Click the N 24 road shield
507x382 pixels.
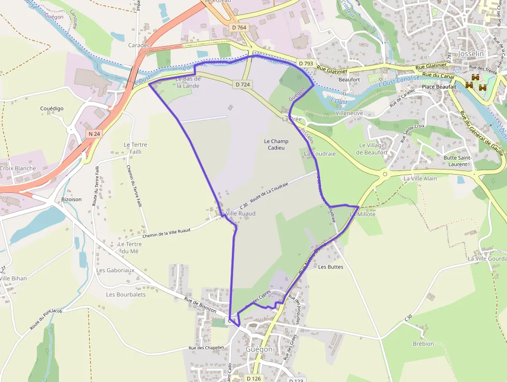click(x=93, y=134)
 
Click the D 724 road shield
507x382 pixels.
click(x=242, y=84)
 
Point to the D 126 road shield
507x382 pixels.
click(x=253, y=378)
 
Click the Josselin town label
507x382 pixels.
click(x=471, y=53)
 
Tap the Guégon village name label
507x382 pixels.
click(x=259, y=349)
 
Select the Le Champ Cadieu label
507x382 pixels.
click(x=276, y=145)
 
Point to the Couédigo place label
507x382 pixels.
click(x=52, y=108)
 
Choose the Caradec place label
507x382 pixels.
click(x=139, y=45)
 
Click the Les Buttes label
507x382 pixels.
click(x=331, y=267)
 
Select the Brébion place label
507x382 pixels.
click(x=423, y=344)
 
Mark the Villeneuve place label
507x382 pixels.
click(x=349, y=113)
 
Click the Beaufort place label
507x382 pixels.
click(x=349, y=80)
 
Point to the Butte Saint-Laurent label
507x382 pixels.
click(x=455, y=161)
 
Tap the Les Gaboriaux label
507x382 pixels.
click(x=115, y=270)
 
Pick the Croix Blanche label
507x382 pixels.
click(x=18, y=168)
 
